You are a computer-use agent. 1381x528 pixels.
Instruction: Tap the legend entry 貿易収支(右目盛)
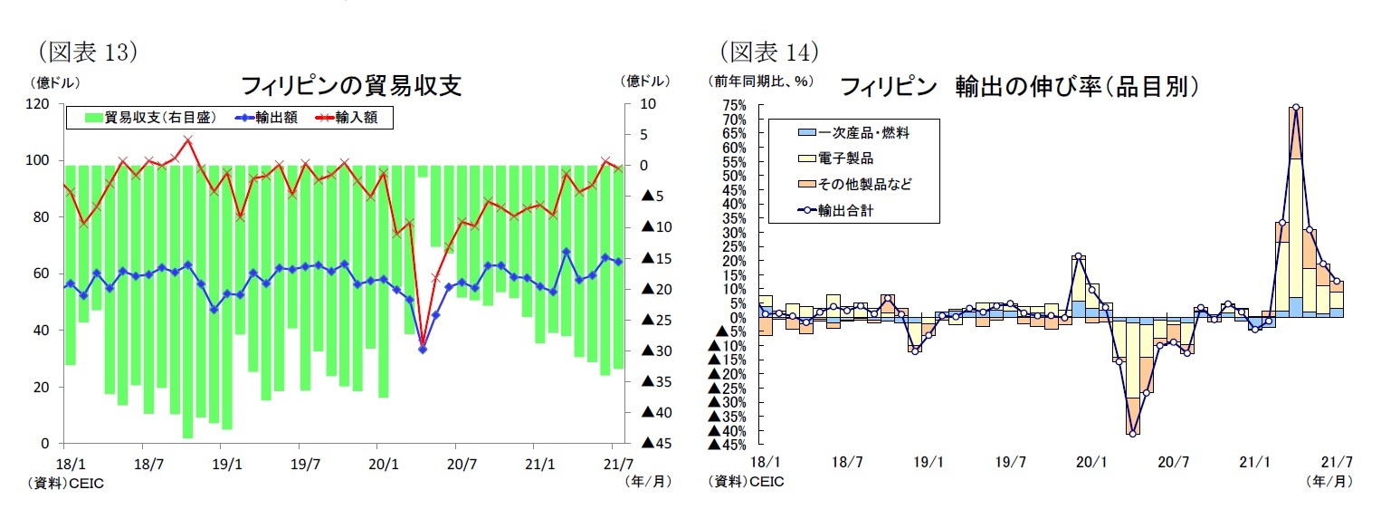[150, 118]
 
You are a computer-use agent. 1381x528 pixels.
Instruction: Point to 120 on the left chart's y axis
[37, 104]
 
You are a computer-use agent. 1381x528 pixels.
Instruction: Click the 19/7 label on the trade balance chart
[305, 464]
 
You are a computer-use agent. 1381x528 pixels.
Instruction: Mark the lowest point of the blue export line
[423, 349]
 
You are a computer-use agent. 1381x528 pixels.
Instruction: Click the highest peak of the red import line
[187, 139]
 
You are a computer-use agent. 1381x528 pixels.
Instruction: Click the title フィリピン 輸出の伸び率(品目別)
[1020, 87]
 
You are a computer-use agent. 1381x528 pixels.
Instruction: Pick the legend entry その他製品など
[864, 184]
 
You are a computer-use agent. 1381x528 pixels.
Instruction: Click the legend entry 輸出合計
[851, 209]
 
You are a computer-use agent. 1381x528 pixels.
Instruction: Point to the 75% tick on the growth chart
[734, 105]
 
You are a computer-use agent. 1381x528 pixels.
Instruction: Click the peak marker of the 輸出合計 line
[1295, 107]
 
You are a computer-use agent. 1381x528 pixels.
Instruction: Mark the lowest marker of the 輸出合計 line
[1132, 434]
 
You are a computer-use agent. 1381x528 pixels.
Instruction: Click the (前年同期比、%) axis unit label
[760, 82]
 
